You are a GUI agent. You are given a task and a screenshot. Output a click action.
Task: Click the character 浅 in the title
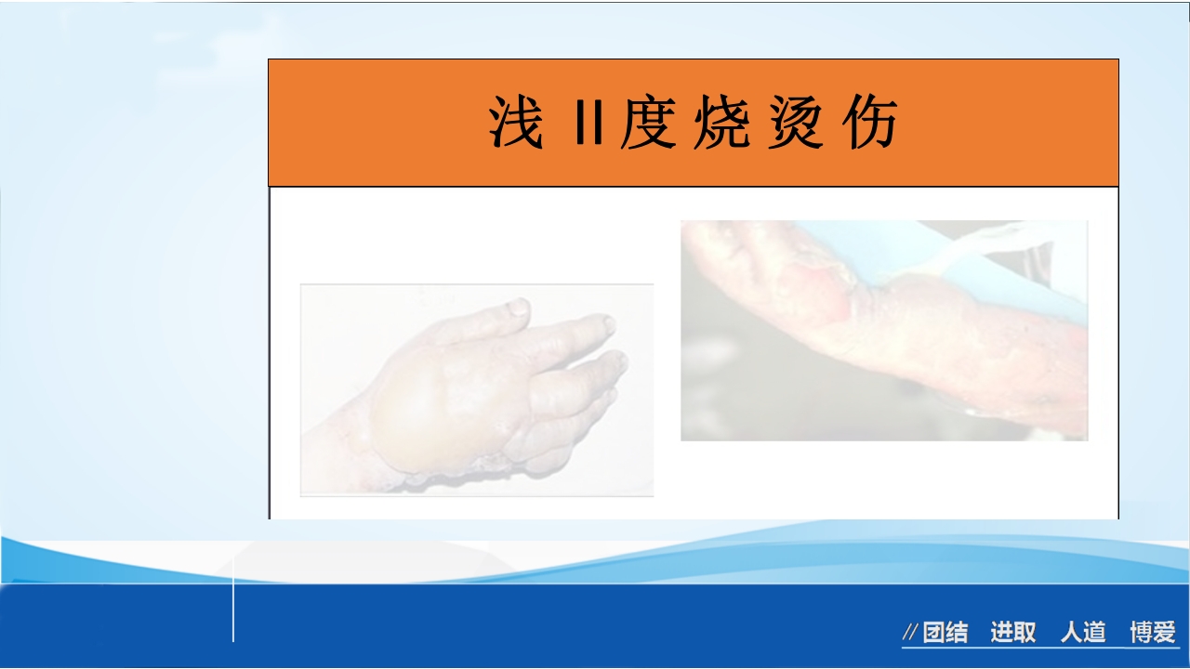click(515, 124)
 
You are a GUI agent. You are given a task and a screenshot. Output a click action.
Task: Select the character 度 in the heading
click(646, 124)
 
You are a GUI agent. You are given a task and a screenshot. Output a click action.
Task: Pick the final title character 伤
click(870, 124)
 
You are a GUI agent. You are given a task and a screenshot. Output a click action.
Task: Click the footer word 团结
click(945, 634)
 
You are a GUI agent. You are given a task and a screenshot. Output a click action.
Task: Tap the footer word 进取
click(1012, 634)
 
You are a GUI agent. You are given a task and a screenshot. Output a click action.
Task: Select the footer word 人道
click(1083, 634)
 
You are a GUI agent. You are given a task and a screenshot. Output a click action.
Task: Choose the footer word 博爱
click(1153, 634)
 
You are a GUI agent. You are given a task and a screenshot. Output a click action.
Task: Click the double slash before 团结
click(910, 634)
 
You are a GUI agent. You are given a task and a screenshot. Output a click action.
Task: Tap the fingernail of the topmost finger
click(518, 308)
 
